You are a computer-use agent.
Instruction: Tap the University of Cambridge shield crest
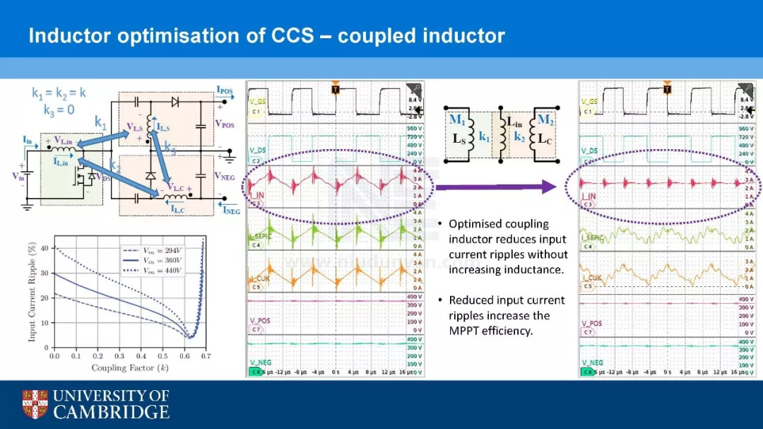(35, 404)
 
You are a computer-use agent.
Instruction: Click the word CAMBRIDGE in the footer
(112, 412)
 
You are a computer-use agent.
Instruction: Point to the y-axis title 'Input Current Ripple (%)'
(32, 290)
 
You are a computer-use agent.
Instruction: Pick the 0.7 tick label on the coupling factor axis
(205, 357)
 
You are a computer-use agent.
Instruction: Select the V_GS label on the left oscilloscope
(258, 102)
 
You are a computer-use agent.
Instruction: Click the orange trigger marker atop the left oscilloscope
(336, 88)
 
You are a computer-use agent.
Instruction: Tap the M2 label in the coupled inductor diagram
(545, 119)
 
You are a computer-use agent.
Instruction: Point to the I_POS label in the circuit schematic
(224, 90)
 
